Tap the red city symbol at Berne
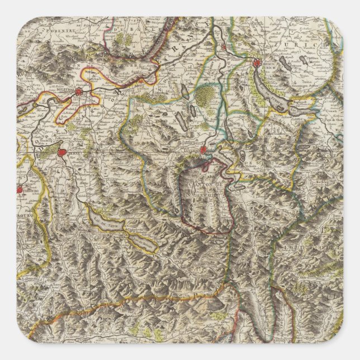click(x=63, y=152)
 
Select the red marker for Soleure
click(x=79, y=92)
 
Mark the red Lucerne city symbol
click(x=203, y=150)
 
